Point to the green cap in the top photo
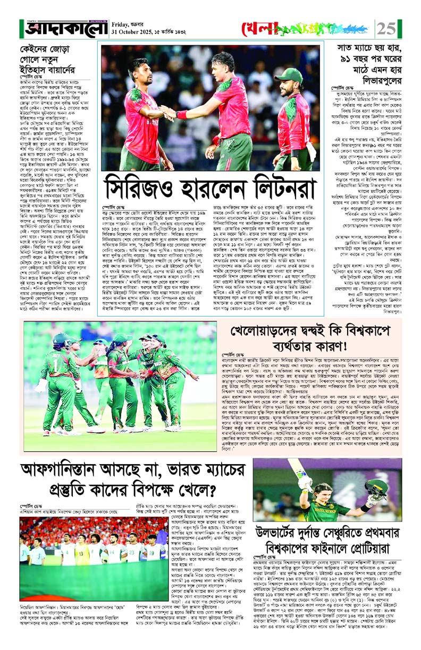289,74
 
